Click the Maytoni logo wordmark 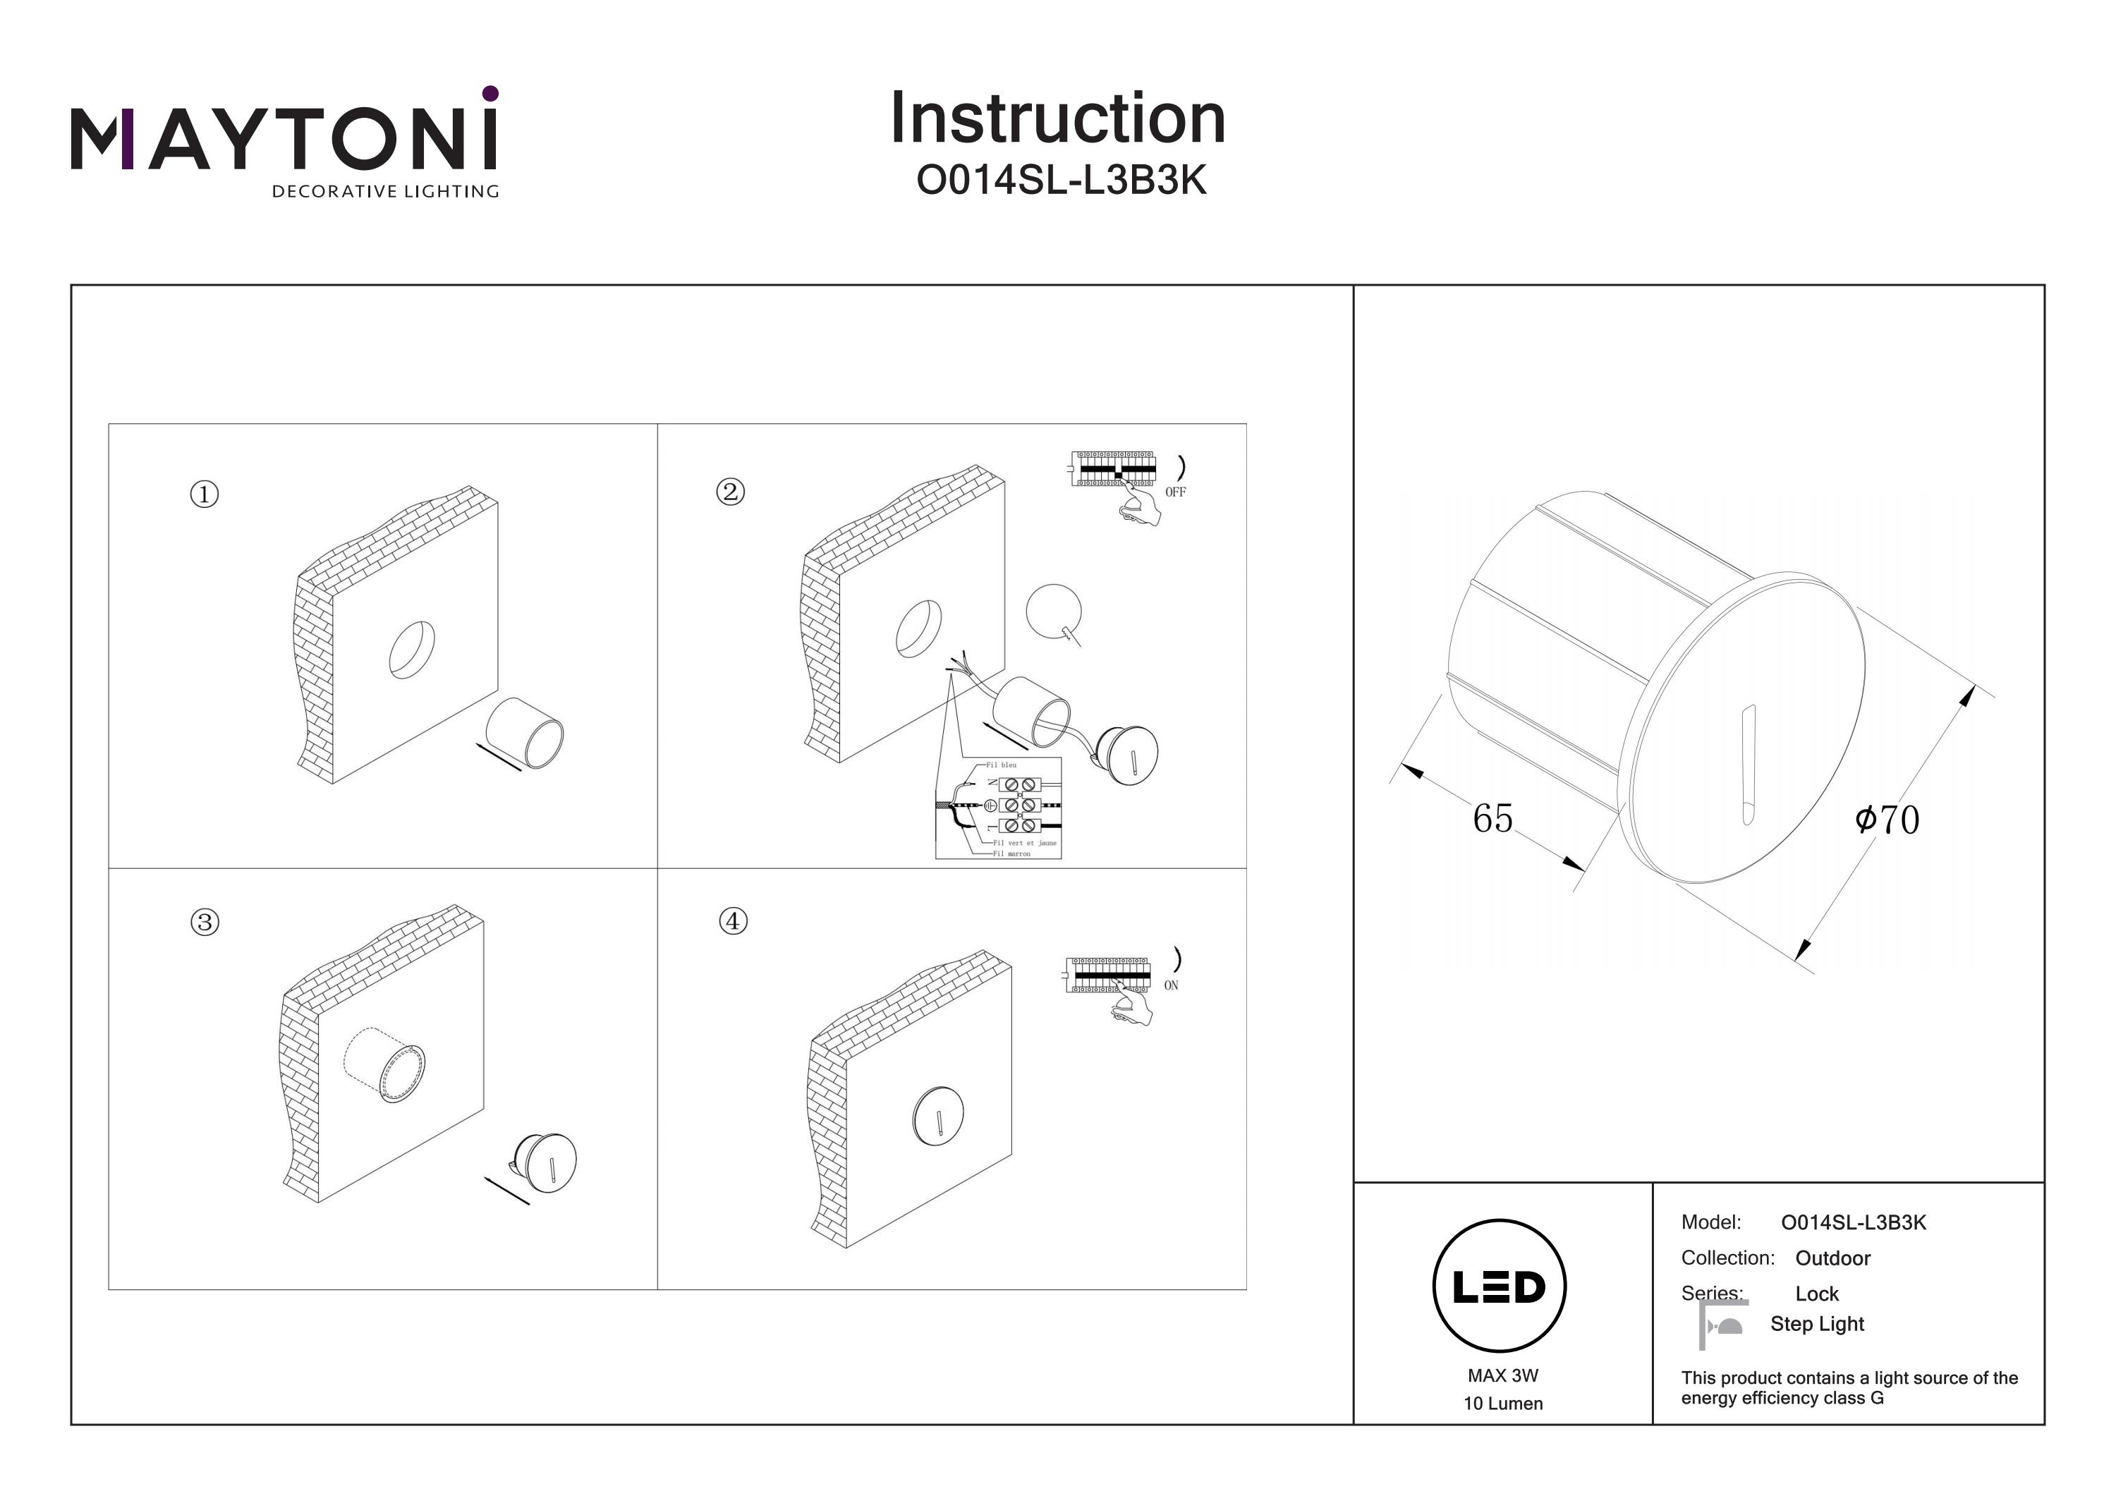[x=284, y=140]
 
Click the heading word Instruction [x=1057, y=119]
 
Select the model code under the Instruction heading [x=1061, y=181]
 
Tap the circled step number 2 [x=731, y=492]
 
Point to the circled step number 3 [x=205, y=923]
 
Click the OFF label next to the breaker [x=1175, y=492]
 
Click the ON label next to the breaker [x=1170, y=985]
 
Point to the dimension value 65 [x=1492, y=818]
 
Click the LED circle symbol [x=1500, y=1287]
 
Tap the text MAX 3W [x=1502, y=1375]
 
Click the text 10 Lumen [x=1502, y=1404]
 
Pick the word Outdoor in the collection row [x=1832, y=1258]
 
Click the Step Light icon [x=1722, y=1325]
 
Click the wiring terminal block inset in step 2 [x=999, y=808]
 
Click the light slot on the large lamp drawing [x=1747, y=765]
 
